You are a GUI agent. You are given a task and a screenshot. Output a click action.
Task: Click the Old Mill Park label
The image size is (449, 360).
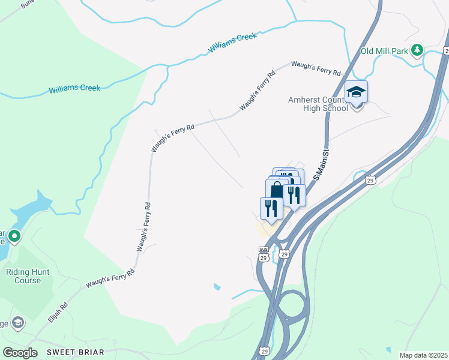point(384,51)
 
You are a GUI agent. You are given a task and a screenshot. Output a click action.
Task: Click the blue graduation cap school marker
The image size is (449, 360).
point(356,92)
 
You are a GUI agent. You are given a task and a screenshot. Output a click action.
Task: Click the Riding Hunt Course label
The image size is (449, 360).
point(28,276)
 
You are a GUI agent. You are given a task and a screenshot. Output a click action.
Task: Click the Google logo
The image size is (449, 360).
point(20,352)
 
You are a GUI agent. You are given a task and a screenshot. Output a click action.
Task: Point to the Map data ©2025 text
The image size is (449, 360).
point(424,355)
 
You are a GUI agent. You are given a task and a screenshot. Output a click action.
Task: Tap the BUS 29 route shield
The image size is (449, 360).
point(264,254)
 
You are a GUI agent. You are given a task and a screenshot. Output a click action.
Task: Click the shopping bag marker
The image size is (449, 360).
point(276,190)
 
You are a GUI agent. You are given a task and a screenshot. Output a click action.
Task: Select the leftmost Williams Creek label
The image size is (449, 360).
point(74,89)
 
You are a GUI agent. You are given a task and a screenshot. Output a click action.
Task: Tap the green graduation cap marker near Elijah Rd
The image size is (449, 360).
point(18,323)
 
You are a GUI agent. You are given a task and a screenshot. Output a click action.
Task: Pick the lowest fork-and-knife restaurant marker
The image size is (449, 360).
point(271,208)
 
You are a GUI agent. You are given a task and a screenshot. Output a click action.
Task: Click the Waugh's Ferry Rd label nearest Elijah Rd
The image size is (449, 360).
point(109,278)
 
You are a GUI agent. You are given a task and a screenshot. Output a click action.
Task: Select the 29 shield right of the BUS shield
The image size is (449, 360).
point(284,254)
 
